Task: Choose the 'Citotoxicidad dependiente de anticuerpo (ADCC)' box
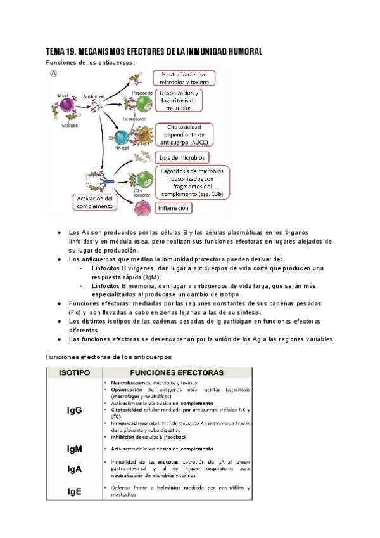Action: pyautogui.click(x=182, y=134)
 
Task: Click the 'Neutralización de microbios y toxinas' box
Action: pyautogui.click(x=184, y=78)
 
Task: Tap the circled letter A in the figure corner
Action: pyautogui.click(x=54, y=74)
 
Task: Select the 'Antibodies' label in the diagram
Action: pyautogui.click(x=93, y=96)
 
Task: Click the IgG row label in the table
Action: pyautogui.click(x=74, y=410)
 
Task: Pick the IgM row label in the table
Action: pyautogui.click(x=74, y=449)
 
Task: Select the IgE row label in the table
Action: pyautogui.click(x=74, y=490)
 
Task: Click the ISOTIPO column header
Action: pyautogui.click(x=74, y=372)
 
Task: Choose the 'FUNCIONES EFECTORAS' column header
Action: pyautogui.click(x=177, y=372)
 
